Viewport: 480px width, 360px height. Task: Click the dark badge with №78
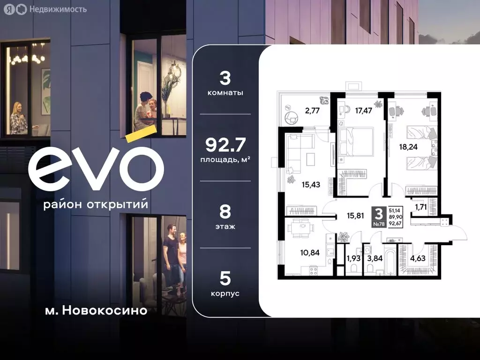(x=379, y=217)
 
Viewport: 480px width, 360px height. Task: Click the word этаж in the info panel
(x=225, y=226)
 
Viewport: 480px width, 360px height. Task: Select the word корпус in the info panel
(x=225, y=293)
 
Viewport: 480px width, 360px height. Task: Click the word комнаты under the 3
(x=225, y=93)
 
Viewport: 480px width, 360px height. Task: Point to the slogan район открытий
(x=95, y=205)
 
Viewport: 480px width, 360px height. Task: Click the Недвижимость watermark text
(x=57, y=9)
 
